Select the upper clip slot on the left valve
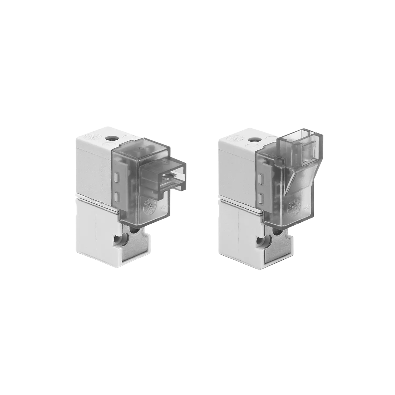coord(116,176)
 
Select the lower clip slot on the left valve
coord(116,196)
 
